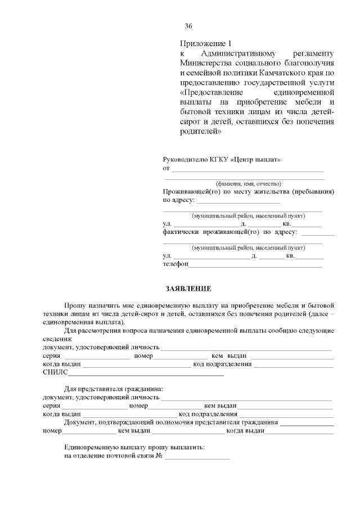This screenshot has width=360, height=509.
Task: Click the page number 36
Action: tap(188, 26)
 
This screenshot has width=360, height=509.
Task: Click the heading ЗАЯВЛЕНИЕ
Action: tap(188, 289)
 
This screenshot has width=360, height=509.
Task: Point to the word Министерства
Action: tap(205, 63)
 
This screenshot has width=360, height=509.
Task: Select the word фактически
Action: tap(182, 232)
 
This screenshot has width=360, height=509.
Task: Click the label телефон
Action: tap(175, 263)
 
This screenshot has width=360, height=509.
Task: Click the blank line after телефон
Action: tap(256, 264)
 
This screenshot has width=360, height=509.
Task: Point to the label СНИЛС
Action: tap(55, 372)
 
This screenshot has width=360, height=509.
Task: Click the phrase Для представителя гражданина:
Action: tap(114, 389)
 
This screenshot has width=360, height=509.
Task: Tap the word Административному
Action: tap(239, 53)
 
